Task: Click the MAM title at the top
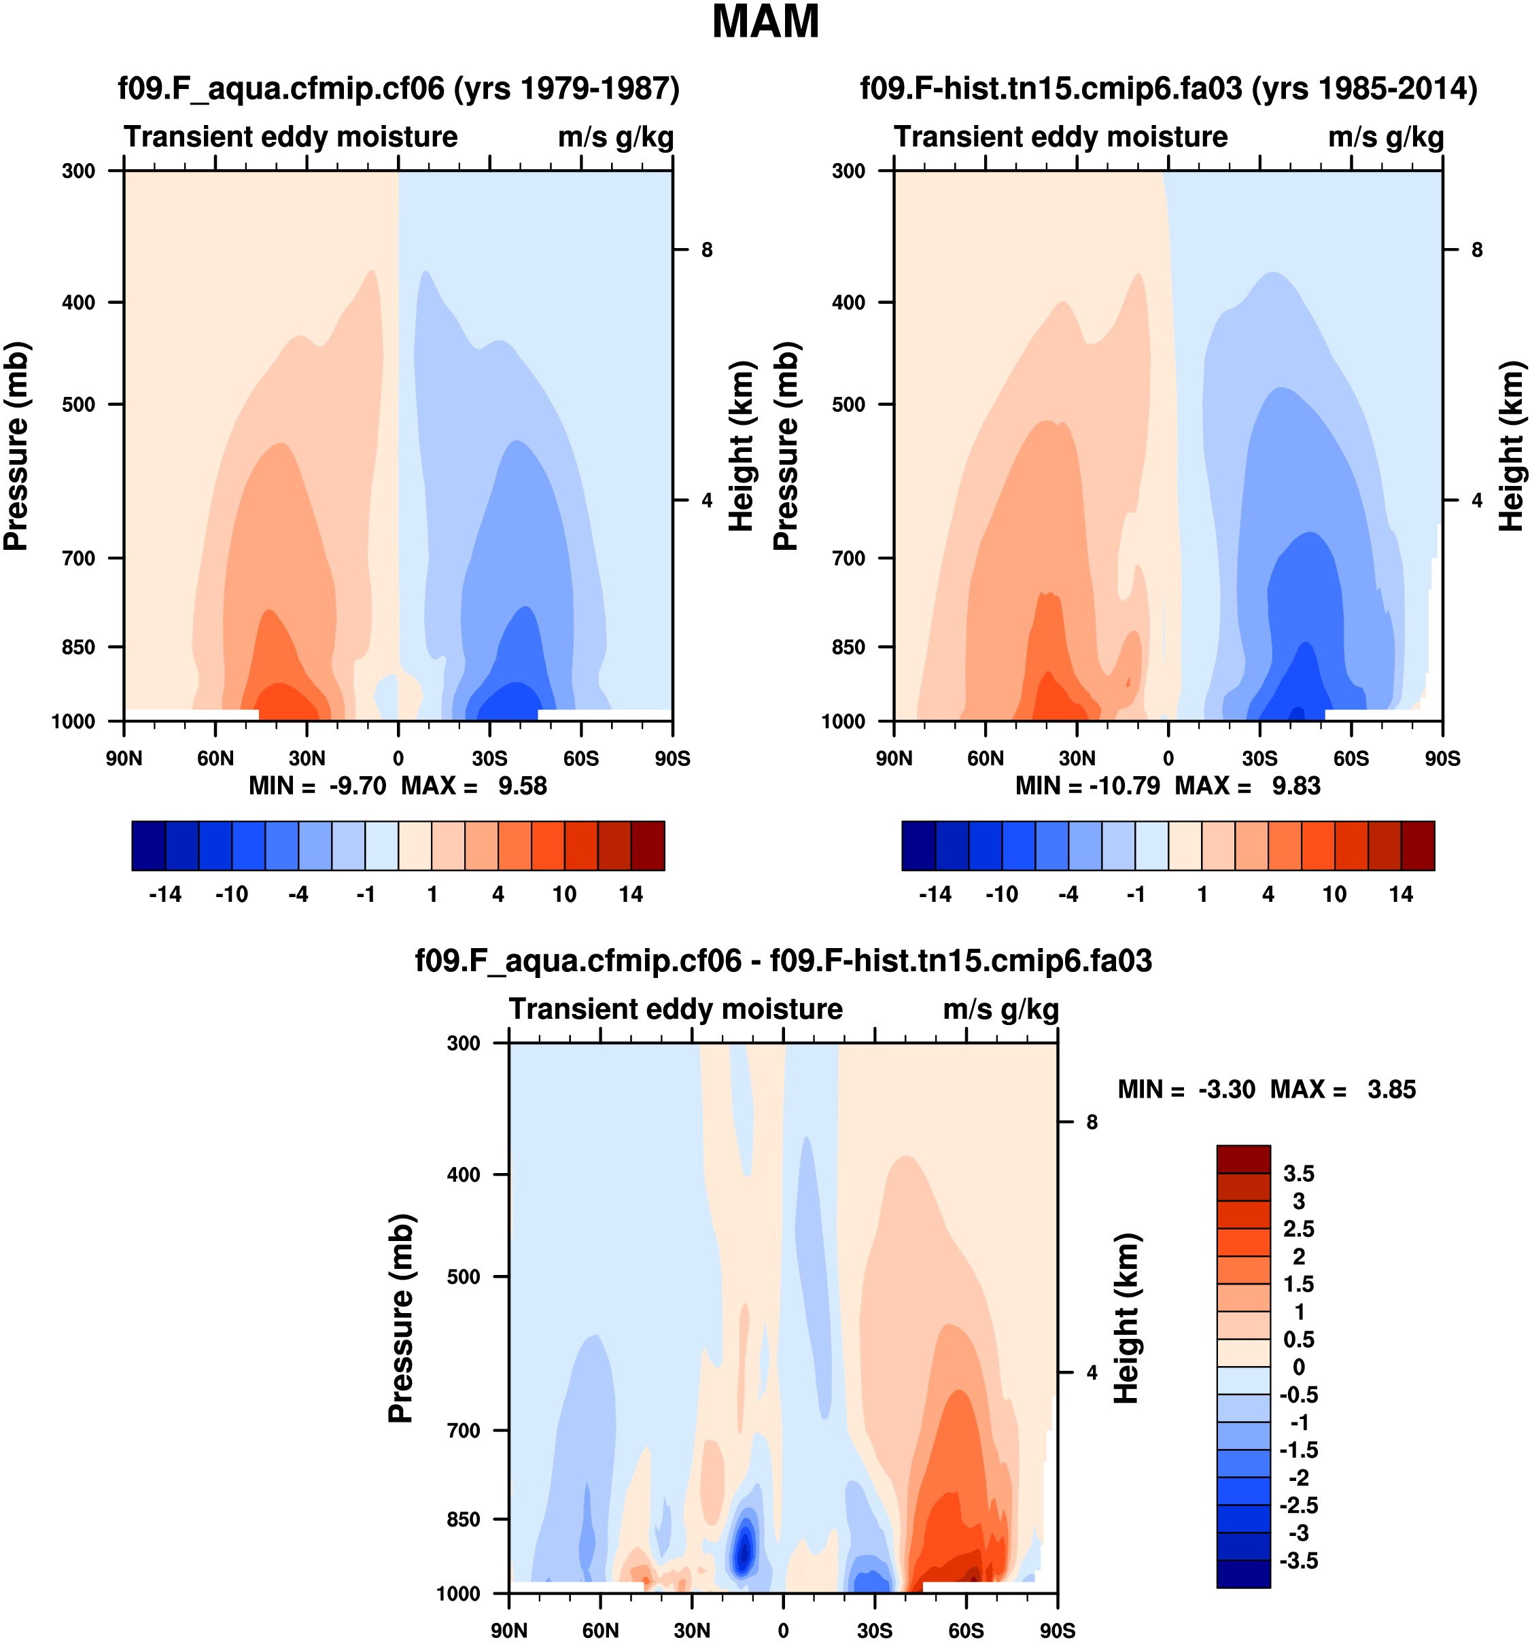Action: (765, 22)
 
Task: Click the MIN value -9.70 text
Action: (358, 786)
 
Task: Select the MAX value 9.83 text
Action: (1295, 786)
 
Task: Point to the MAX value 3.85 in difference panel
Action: (1391, 1089)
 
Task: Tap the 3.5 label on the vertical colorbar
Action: (1298, 1174)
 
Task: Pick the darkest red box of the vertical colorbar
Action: (1243, 1159)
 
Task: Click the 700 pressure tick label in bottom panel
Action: (464, 1431)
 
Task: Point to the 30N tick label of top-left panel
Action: (307, 758)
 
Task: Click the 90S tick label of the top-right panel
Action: (1442, 758)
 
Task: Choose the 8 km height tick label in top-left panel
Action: (707, 249)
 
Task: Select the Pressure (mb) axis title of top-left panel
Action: (16, 446)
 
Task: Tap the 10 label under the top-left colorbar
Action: (564, 894)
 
